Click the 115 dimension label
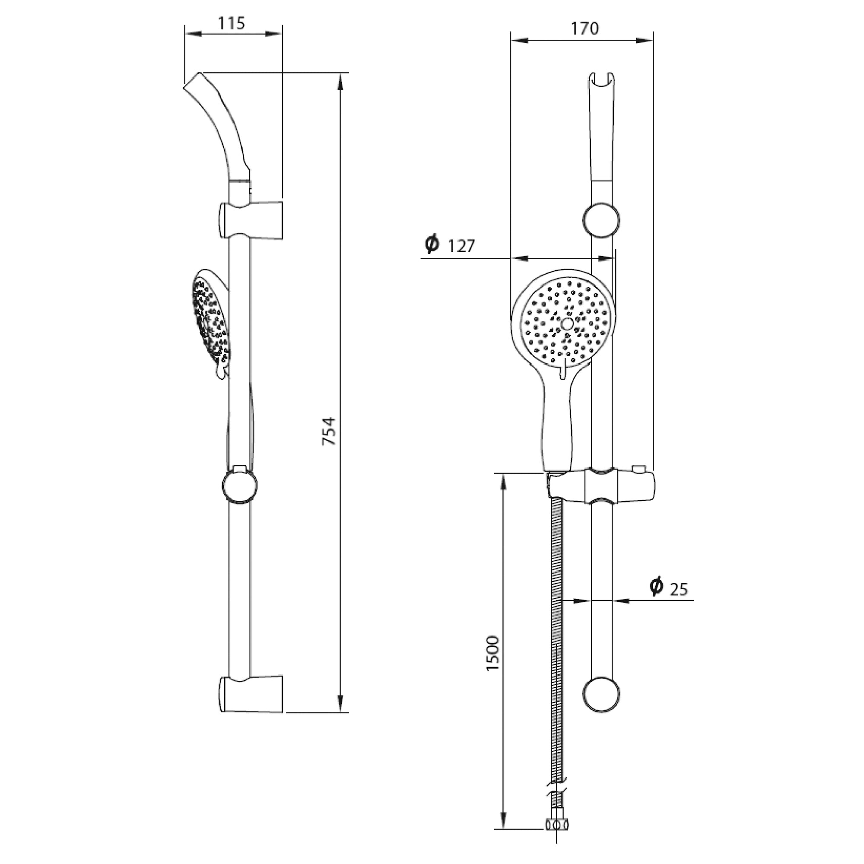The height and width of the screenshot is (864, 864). (x=232, y=23)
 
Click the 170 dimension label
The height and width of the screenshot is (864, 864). (x=584, y=28)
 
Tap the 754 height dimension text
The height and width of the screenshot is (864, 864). (x=329, y=431)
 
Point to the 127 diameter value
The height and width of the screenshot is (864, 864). (x=461, y=246)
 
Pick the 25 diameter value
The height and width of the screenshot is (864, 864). (x=679, y=590)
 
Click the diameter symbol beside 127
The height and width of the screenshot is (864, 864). (x=432, y=243)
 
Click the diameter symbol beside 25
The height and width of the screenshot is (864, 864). (x=657, y=586)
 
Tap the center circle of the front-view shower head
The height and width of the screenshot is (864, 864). (x=567, y=324)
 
